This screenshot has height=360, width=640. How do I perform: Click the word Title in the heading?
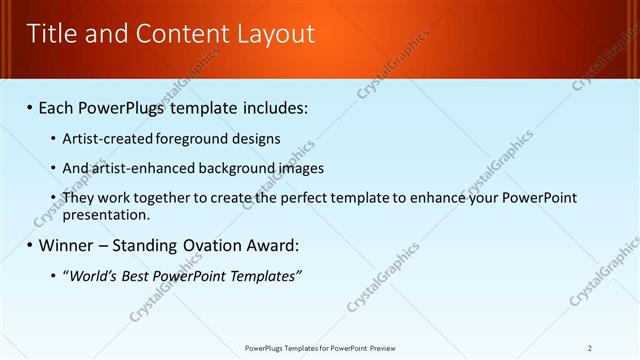tap(51, 34)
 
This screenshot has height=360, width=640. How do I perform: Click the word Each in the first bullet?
tap(58, 107)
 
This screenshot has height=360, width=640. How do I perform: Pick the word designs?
tap(257, 138)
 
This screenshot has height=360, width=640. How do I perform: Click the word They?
tap(79, 198)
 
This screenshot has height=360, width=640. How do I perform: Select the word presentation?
tap(107, 214)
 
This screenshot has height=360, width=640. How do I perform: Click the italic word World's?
tap(90, 275)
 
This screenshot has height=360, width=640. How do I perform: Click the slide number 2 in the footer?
tap(590, 348)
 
